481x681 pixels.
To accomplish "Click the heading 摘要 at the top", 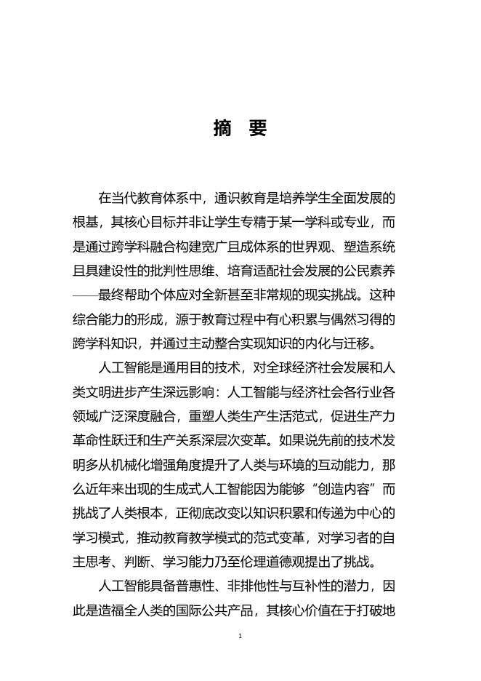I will click(x=240, y=129).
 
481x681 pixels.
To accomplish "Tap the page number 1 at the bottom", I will click(x=240, y=636).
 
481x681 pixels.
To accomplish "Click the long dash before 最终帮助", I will click(x=86, y=294).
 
